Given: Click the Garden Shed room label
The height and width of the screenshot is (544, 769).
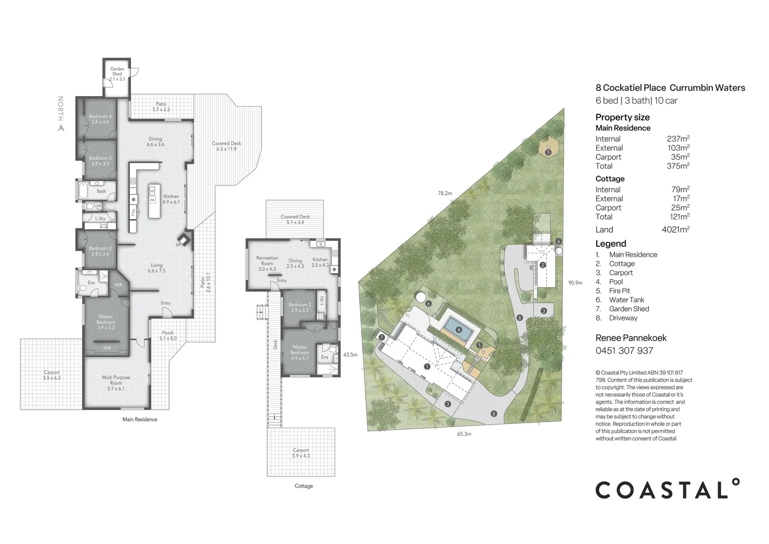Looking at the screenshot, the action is tap(117, 74).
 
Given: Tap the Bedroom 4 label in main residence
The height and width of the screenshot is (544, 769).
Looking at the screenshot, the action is tap(100, 119).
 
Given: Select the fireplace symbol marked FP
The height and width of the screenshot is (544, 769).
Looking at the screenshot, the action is tap(184, 240).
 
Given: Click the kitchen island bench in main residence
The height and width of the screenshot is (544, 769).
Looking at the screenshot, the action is tap(154, 201).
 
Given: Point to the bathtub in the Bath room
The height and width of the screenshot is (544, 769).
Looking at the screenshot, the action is tap(83, 191).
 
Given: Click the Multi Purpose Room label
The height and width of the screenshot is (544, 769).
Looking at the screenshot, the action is tap(116, 383).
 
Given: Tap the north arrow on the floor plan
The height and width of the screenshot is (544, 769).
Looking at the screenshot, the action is tap(61, 128).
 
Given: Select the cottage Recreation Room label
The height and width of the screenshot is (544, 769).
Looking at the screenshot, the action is tap(267, 263).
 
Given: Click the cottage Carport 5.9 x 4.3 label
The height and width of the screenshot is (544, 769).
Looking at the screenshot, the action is tap(301, 453).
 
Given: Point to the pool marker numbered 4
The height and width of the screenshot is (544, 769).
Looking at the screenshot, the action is tap(458, 330).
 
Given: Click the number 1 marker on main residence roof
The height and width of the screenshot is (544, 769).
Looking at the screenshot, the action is tap(427, 367).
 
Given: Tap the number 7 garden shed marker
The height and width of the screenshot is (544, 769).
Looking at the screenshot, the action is tap(382, 337).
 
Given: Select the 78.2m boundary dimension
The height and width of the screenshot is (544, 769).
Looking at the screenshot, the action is tap(445, 193).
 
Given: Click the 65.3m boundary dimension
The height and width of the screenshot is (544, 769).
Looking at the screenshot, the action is tap(464, 434).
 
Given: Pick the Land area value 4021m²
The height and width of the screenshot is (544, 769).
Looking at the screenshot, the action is tap(675, 229).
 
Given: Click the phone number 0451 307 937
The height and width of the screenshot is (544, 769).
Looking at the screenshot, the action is tap(625, 351).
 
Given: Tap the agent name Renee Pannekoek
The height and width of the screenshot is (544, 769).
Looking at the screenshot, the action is tap(631, 338).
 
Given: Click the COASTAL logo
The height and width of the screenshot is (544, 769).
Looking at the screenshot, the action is tap(667, 488).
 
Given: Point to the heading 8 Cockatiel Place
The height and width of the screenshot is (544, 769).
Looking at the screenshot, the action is tap(631, 88).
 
